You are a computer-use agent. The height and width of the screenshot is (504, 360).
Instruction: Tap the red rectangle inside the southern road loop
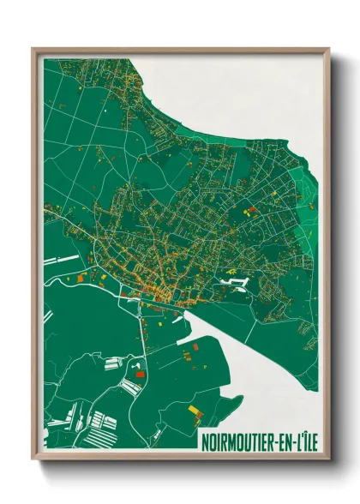[x=140, y=374]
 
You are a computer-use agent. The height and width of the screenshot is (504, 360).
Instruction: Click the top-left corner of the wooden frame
[x=33, y=49]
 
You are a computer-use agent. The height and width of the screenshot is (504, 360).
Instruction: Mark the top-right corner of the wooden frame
[x=328, y=49]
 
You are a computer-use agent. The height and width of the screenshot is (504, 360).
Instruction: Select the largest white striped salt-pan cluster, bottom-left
[x=100, y=421]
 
